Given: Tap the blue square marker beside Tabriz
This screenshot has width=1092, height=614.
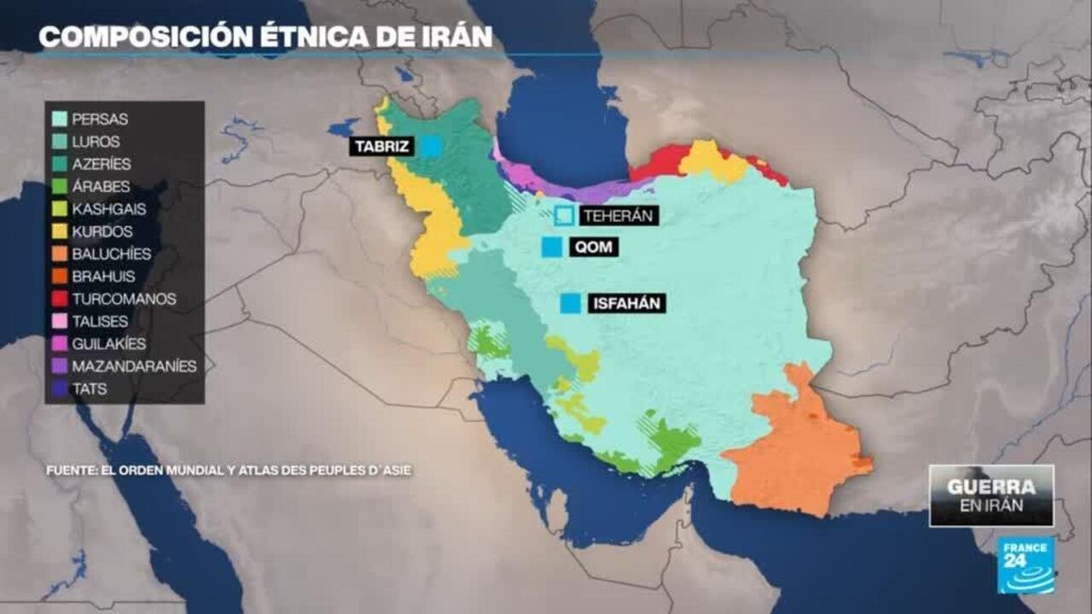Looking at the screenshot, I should coord(432,147).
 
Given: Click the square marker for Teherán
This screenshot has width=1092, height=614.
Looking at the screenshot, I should coord(564,216).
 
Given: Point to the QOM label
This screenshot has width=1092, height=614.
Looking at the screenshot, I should coord(595,247).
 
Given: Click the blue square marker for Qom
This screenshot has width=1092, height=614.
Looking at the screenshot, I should coord(552,247).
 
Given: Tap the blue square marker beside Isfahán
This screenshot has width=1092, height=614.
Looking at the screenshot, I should coord(571,303).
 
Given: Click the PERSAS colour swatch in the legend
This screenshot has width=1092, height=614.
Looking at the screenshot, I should coord(60,119).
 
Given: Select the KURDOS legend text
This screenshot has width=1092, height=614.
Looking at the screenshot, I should coord(103,232).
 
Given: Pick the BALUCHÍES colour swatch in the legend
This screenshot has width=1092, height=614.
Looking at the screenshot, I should coord(60,254).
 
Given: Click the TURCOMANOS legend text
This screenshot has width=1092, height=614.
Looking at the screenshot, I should coord(124,299).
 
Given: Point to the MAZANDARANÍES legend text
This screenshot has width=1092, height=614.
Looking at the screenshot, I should coord(134,367).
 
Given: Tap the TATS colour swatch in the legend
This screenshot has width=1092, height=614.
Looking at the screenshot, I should coord(60,389).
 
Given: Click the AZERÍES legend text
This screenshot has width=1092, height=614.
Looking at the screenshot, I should coord(102,165).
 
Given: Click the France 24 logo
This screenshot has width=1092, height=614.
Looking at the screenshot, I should coord(1025,565).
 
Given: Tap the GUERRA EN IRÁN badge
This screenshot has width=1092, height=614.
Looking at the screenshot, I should coord(991,495).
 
